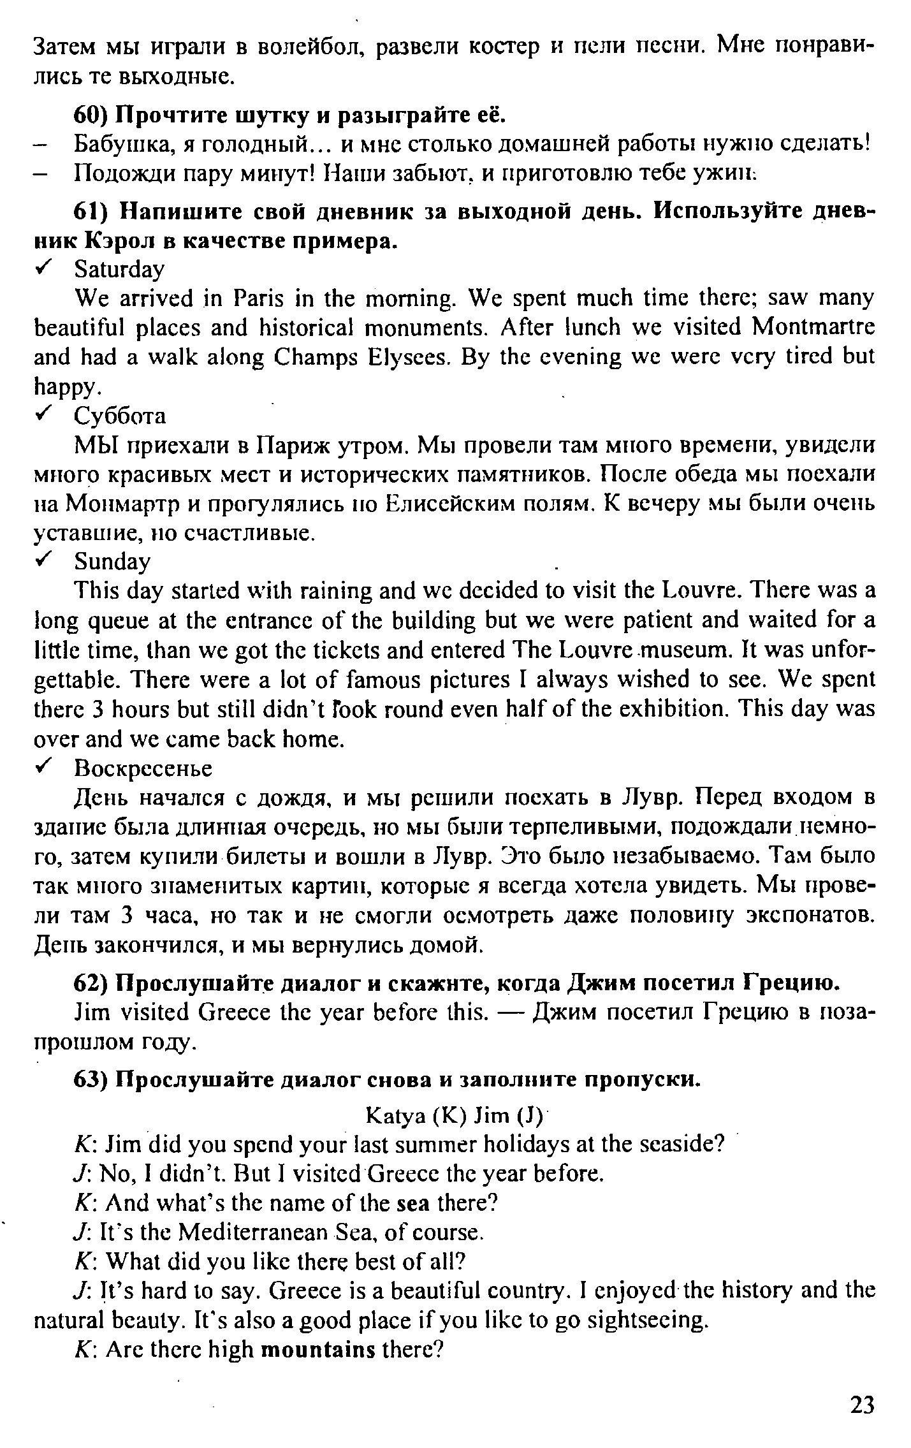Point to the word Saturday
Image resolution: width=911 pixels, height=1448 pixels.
119,270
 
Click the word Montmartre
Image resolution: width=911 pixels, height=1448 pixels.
813,326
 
